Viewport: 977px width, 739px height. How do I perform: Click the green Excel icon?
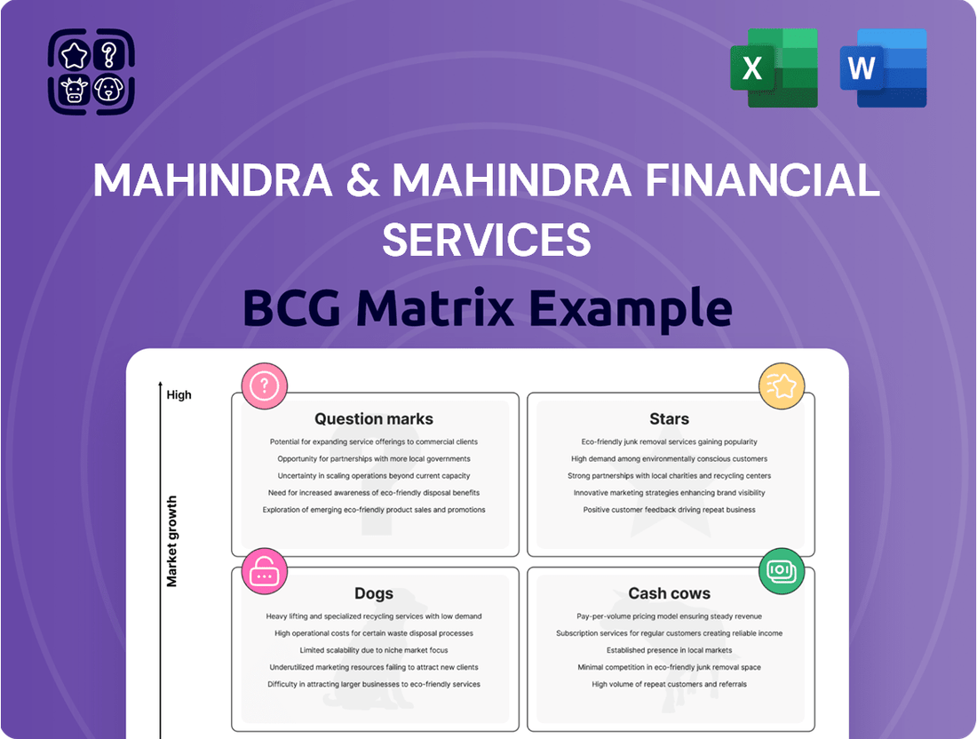click(770, 68)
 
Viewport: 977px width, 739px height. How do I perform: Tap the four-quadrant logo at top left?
click(91, 71)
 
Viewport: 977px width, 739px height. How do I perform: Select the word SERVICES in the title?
click(487, 239)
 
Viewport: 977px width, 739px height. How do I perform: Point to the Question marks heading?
click(374, 418)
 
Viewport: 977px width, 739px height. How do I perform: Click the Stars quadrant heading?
click(669, 418)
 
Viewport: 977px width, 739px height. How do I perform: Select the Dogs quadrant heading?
click(374, 593)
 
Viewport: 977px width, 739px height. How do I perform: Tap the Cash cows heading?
click(669, 593)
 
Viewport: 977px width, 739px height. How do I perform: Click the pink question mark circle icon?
click(265, 385)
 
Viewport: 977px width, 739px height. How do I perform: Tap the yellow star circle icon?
click(782, 385)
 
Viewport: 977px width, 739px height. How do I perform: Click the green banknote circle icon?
click(782, 570)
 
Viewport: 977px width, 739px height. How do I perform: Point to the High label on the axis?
click(179, 394)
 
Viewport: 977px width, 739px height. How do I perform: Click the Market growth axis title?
click(172, 541)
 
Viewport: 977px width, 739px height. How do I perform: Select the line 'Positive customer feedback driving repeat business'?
click(669, 510)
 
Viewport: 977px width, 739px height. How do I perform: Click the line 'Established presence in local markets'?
click(669, 650)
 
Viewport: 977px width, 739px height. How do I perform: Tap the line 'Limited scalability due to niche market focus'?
click(374, 650)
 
